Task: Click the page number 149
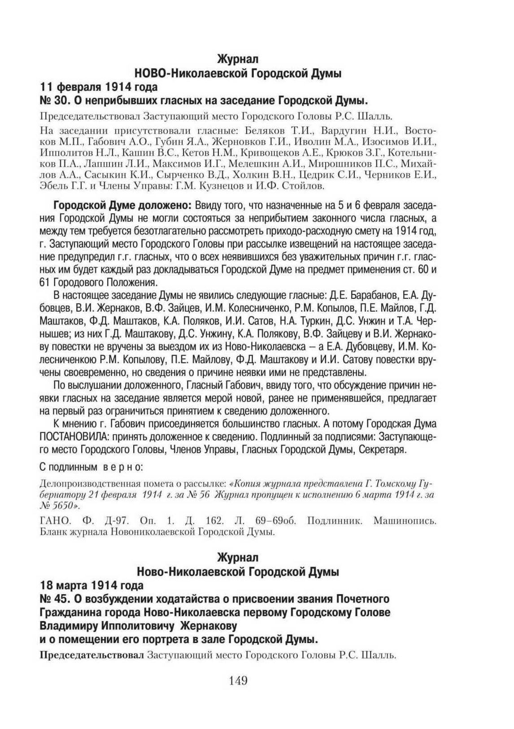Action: tap(238, 681)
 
